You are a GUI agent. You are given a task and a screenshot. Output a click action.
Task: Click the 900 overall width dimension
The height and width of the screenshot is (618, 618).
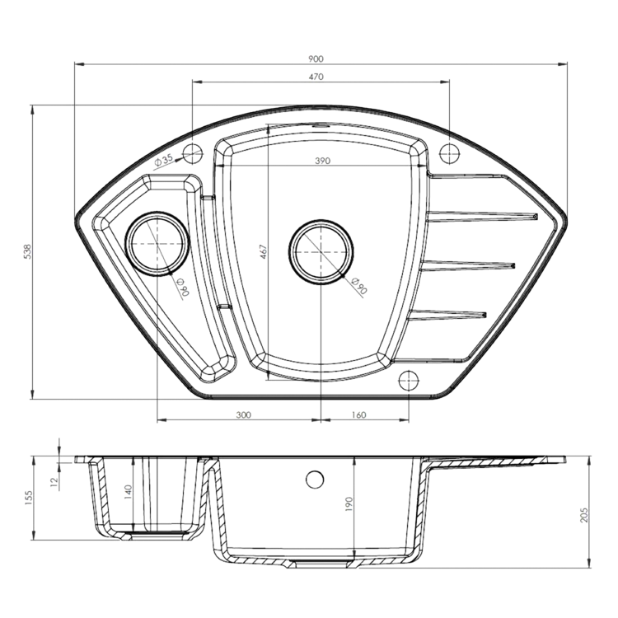[316, 59]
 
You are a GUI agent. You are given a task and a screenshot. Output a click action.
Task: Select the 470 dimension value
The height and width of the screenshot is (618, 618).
[316, 77]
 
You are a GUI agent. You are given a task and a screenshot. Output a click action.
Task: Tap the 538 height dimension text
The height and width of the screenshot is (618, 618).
[27, 251]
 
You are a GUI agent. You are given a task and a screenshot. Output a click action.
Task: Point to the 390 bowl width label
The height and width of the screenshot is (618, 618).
[322, 161]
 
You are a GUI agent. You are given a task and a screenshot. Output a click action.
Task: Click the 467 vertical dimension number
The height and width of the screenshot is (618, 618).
[264, 252]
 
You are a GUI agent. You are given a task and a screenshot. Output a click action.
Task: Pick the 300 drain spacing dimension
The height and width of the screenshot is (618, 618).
[244, 415]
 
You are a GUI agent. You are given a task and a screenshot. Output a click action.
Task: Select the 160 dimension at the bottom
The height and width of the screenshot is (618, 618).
[358, 415]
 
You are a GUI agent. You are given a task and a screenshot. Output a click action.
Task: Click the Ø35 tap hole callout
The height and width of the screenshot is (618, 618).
[164, 160]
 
